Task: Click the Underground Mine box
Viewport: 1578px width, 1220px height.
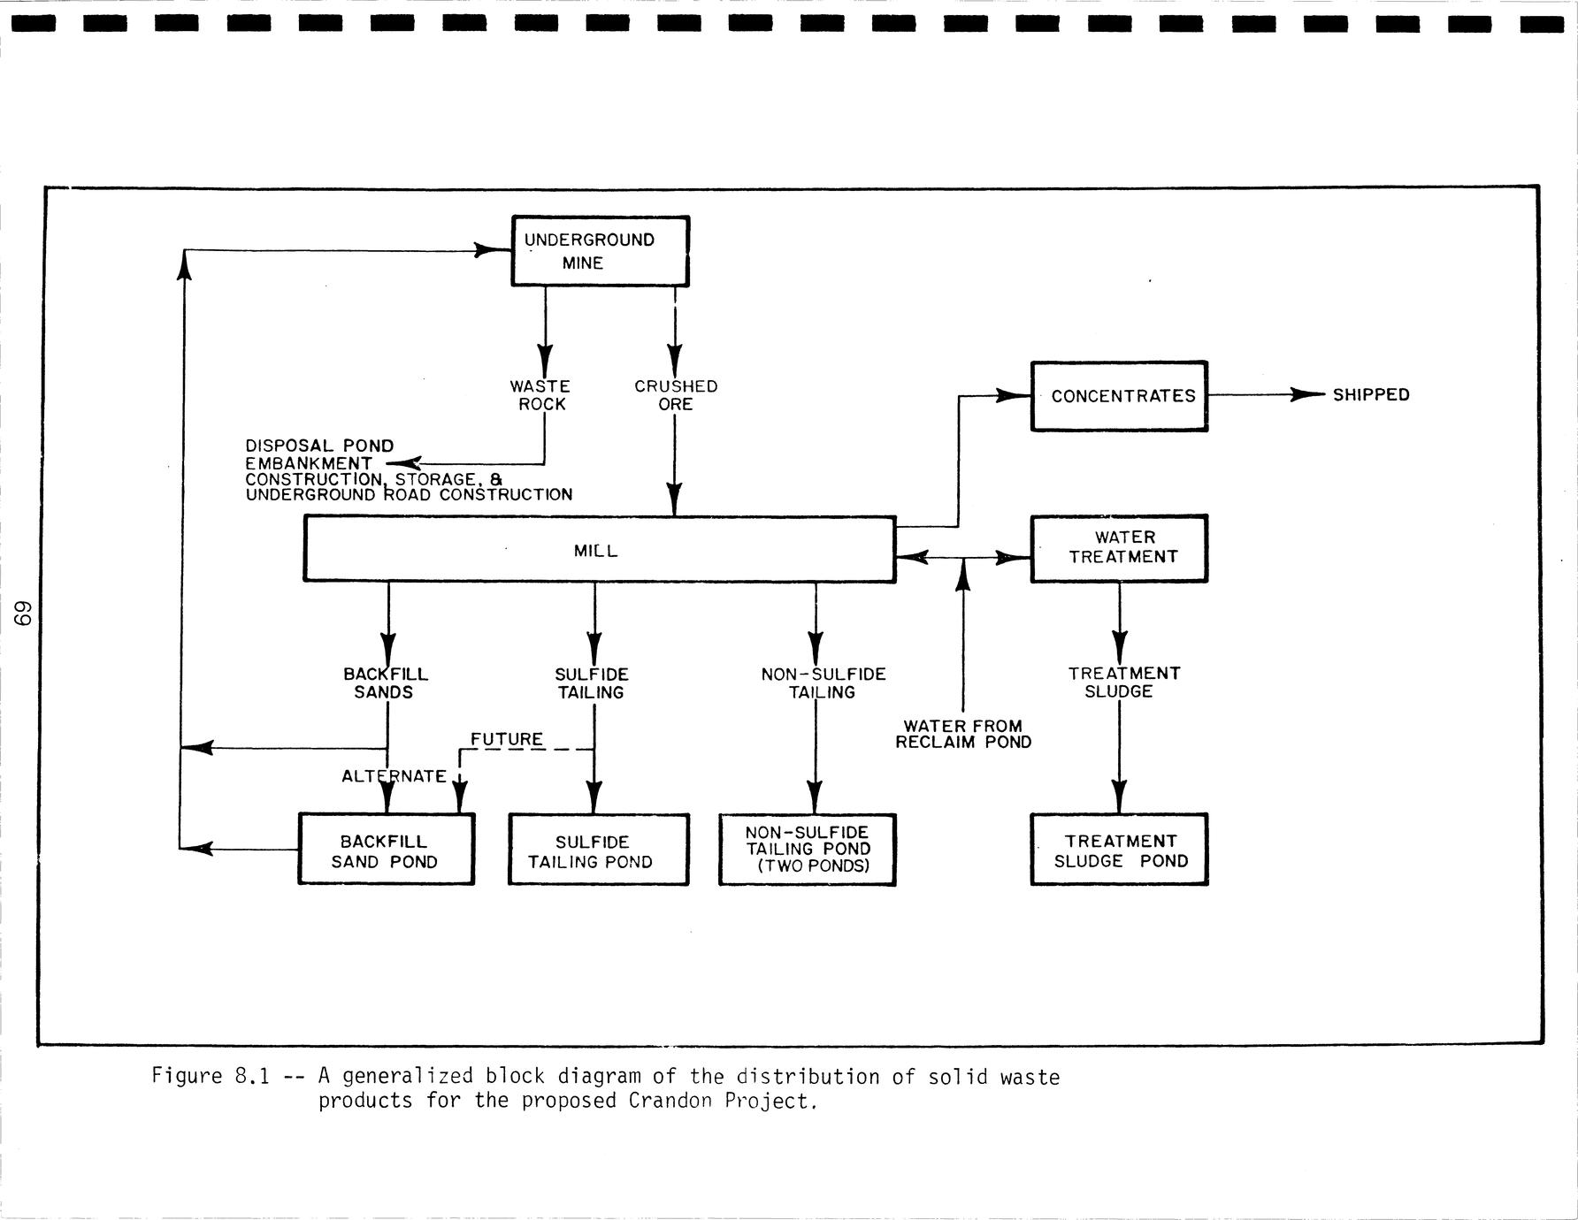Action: [600, 251]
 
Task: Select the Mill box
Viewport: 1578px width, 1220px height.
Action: [599, 550]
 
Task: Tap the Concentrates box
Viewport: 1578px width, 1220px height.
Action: [1119, 396]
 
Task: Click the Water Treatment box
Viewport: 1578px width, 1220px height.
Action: [1119, 548]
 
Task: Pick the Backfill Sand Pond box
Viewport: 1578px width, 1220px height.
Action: [386, 850]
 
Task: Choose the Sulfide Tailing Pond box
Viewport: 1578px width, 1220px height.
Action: [598, 850]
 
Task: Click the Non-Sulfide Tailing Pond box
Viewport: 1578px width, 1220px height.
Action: [807, 850]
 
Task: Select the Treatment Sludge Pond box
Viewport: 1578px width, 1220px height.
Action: [1119, 850]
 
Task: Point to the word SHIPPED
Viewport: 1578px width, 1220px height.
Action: [1371, 395]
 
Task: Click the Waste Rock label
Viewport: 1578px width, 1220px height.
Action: [540, 395]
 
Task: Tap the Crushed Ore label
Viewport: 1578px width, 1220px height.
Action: [676, 395]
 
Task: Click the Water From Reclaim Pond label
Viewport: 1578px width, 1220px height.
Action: [963, 735]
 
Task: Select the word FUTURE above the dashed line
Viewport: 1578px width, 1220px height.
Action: [507, 739]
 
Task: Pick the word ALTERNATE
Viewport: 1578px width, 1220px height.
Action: [394, 776]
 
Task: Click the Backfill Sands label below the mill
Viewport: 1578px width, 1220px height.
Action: [385, 682]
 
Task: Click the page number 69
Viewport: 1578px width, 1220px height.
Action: [26, 614]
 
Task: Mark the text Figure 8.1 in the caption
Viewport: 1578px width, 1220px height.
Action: [210, 1077]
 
